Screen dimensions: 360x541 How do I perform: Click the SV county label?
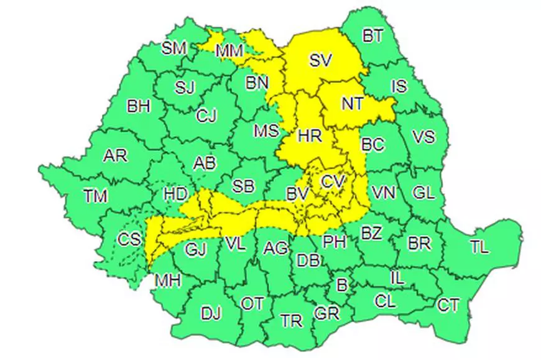coord(321,60)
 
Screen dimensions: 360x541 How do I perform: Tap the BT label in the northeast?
coord(372,36)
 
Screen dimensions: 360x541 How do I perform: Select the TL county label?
coord(479,246)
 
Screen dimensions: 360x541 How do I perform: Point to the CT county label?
coord(448,305)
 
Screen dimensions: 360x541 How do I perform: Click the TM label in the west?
coord(95,196)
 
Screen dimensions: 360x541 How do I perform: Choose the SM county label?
coord(173,48)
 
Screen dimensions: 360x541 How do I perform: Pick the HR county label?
coord(308,135)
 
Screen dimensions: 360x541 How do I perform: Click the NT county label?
coord(353,103)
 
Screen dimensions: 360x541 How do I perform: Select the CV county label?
coord(333,182)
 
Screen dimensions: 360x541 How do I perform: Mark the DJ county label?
coord(211,313)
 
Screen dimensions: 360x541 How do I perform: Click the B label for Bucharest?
coord(340,285)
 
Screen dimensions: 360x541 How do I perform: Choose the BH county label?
coord(139,106)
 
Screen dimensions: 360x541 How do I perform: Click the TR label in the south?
coord(291,321)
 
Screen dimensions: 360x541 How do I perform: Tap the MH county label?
coord(167,280)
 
